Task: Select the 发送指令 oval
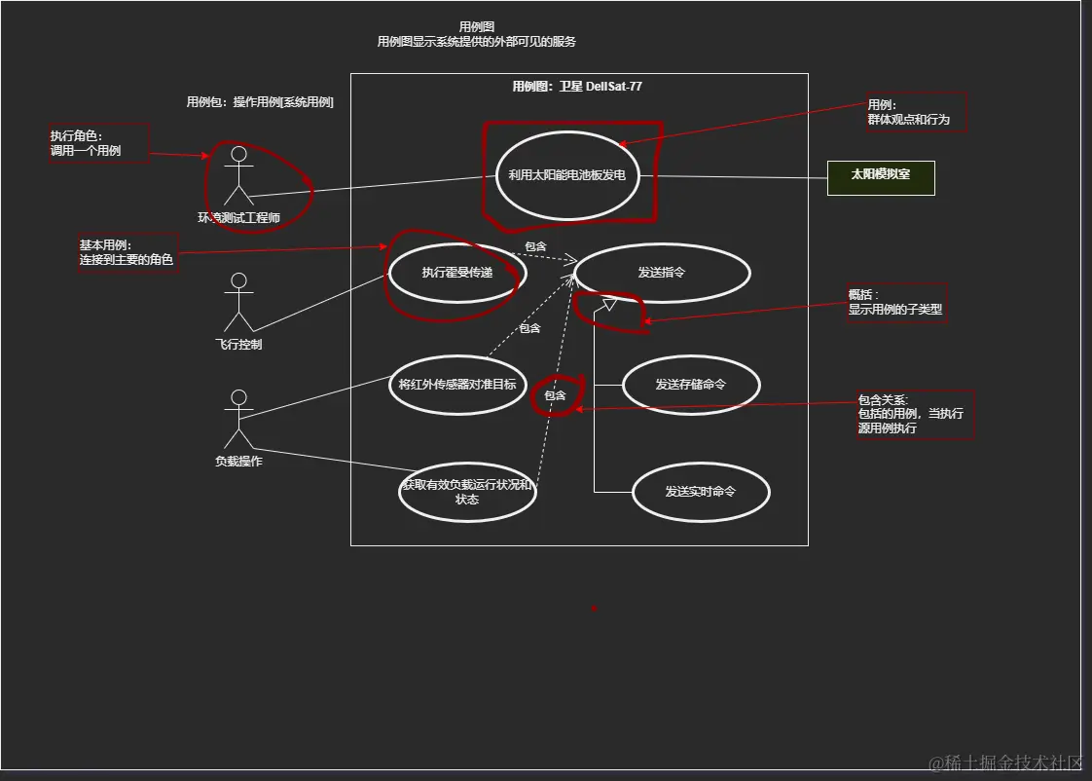click(662, 273)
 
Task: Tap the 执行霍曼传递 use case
click(456, 273)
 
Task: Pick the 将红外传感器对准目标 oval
click(457, 384)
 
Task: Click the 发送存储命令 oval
click(690, 384)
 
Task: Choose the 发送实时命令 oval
click(700, 492)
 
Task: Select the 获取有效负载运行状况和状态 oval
click(467, 492)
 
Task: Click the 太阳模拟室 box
click(881, 178)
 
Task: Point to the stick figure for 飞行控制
click(238, 303)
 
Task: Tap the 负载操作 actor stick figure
click(238, 420)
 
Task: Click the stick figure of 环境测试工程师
click(238, 176)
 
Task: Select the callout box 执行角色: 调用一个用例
click(99, 143)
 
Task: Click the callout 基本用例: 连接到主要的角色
click(128, 253)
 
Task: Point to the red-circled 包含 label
click(555, 395)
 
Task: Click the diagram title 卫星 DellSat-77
click(577, 87)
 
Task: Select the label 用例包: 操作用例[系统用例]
click(260, 102)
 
